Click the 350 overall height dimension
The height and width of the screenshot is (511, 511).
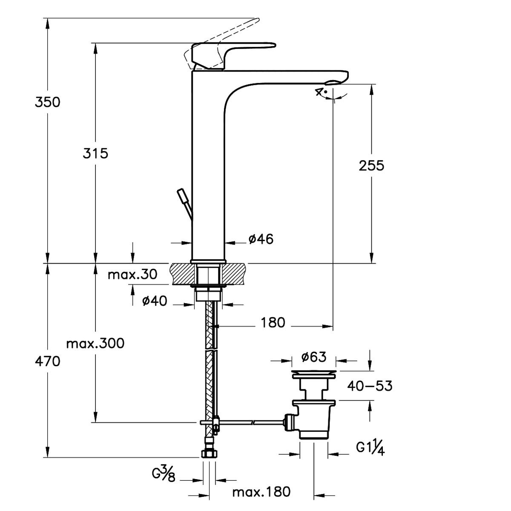[x=48, y=102]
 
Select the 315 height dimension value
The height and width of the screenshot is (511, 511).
[x=95, y=153]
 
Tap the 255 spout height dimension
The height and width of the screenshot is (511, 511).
[x=371, y=166]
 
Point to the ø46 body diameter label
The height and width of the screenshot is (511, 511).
[x=261, y=239]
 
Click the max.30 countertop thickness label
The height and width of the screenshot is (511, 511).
[x=132, y=275]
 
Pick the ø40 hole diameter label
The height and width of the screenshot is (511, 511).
[x=155, y=301]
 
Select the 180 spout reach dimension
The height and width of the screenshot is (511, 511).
[x=273, y=322]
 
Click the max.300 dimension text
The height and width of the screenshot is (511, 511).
[x=95, y=344]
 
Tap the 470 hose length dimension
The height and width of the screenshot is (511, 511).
[x=48, y=362]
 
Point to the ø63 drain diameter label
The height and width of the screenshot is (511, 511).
[x=314, y=357]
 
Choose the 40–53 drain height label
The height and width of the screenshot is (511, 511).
[x=370, y=386]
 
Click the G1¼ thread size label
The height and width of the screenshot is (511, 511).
[x=370, y=448]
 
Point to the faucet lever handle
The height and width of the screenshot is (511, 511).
[x=233, y=56]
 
